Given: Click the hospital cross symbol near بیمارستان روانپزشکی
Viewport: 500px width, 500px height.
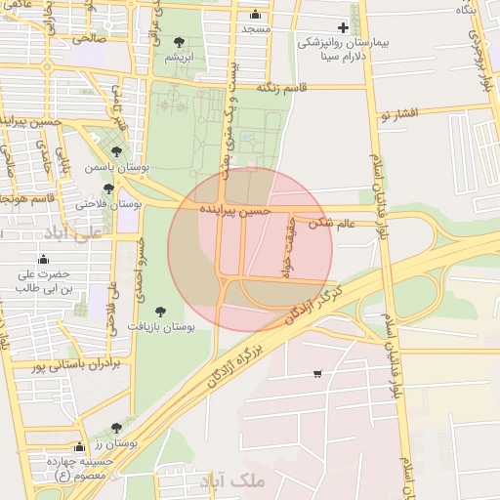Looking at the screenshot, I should [342, 28].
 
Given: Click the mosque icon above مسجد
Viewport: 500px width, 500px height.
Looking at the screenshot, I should [256, 15].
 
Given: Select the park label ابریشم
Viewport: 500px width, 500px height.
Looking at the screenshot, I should [179, 57].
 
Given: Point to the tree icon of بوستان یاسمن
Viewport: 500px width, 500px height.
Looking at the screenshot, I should [117, 152].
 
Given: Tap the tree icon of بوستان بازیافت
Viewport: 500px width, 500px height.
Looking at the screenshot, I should [161, 312].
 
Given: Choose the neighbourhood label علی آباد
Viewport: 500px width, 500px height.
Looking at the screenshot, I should [74, 234].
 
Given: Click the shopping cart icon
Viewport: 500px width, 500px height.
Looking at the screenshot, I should [317, 374].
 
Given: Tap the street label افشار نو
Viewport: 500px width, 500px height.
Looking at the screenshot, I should [398, 114].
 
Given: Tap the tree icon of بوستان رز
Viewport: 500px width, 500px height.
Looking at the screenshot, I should [117, 428].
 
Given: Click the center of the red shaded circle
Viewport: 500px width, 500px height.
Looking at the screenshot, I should [250, 249].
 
